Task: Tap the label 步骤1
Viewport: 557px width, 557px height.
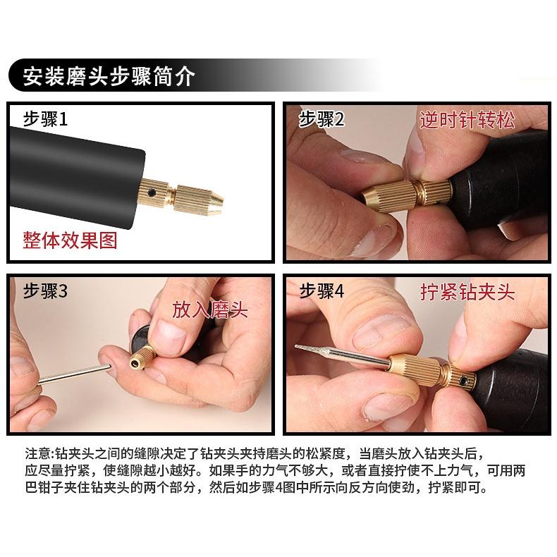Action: (x=44, y=118)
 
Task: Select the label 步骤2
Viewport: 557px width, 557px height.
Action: (x=321, y=118)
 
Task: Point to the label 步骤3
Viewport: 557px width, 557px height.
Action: (x=44, y=291)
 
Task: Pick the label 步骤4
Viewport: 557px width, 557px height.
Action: (x=321, y=291)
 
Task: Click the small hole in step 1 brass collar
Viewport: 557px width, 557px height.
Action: (x=150, y=191)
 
